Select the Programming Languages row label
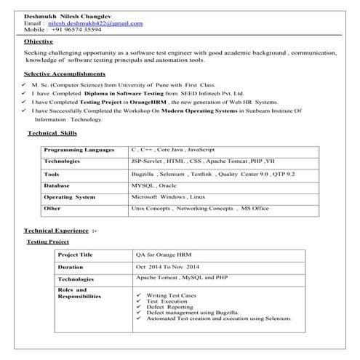coord(79,149)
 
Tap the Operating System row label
coord(69,197)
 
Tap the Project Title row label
coord(76,255)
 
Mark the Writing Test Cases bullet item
coord(171,295)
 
